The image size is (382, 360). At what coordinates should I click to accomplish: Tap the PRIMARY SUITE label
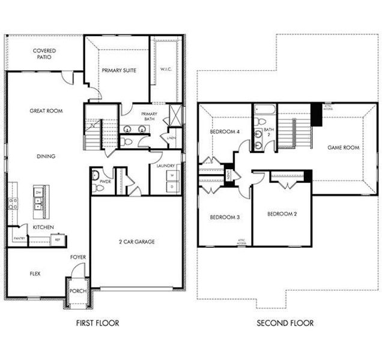point(119,71)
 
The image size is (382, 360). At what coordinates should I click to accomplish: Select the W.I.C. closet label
point(166,70)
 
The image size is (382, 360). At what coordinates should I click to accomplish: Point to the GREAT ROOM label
point(46,111)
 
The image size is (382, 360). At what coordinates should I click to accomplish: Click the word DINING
point(46,157)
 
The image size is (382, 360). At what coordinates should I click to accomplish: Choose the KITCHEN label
point(43,227)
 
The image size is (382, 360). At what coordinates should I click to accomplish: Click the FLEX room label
point(35,273)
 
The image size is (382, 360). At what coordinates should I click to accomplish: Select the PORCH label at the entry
point(77,292)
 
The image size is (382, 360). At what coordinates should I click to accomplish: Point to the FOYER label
point(77,257)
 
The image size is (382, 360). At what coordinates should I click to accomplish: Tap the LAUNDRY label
point(165,166)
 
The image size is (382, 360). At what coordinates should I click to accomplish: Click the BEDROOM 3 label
point(225,217)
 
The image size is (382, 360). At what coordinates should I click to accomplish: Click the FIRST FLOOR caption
point(97,323)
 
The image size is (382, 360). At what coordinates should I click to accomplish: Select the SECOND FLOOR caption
point(285,323)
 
